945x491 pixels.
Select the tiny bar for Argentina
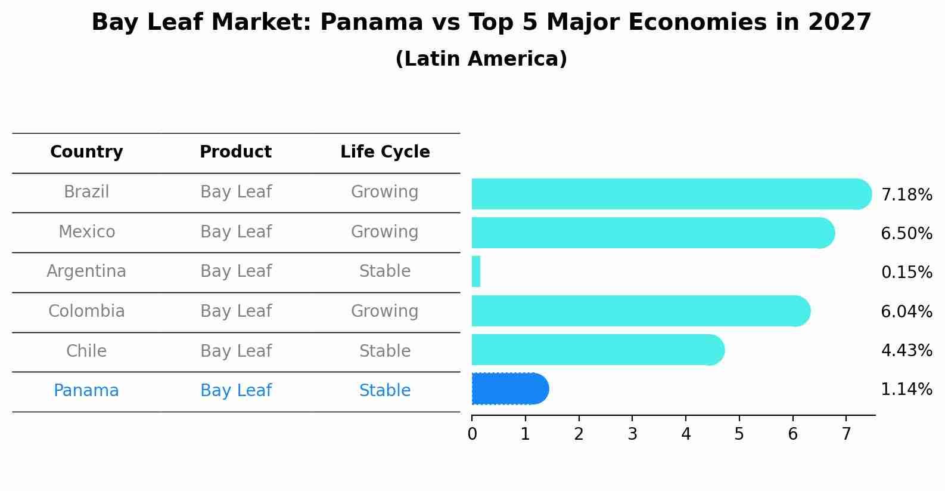tap(476, 271)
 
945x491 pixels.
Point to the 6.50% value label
tap(906, 233)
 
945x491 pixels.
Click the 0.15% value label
tap(906, 273)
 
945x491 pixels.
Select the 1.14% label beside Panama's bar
tap(906, 390)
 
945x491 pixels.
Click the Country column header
tap(86, 152)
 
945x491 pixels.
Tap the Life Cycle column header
tap(385, 152)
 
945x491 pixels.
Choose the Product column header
tap(235, 152)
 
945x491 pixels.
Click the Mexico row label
tap(86, 231)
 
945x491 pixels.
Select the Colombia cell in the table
tap(86, 311)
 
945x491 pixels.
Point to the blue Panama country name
tap(86, 391)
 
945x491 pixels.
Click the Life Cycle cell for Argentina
tap(385, 271)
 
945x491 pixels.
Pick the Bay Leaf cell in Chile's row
tap(235, 351)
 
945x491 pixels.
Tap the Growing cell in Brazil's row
tap(385, 192)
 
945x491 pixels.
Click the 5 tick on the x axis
tap(739, 434)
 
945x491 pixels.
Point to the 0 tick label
tap(472, 434)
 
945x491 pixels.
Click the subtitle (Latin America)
tap(481, 59)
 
